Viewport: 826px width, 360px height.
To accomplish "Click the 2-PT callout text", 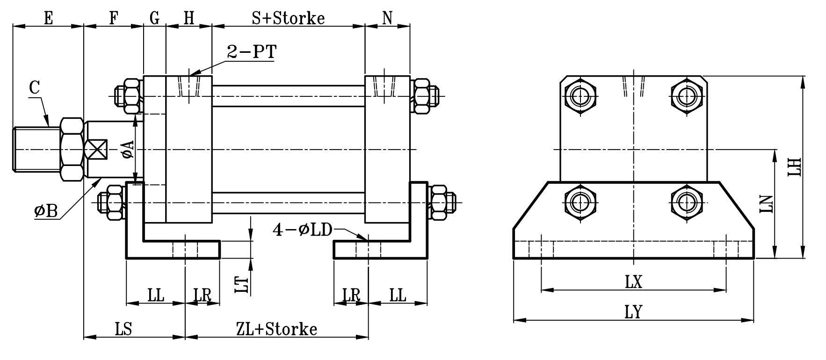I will coord(251,51).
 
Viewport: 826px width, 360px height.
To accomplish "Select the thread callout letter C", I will coord(34,88).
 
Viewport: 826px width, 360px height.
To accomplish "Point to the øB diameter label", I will coord(46,211).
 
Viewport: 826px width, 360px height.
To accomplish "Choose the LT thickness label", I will coord(240,284).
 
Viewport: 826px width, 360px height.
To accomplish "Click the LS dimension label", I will coord(124,329).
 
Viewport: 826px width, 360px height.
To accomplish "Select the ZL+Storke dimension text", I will coord(277,329).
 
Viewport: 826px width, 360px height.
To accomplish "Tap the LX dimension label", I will coord(634,281).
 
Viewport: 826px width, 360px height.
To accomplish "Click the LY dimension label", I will coord(634,312).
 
